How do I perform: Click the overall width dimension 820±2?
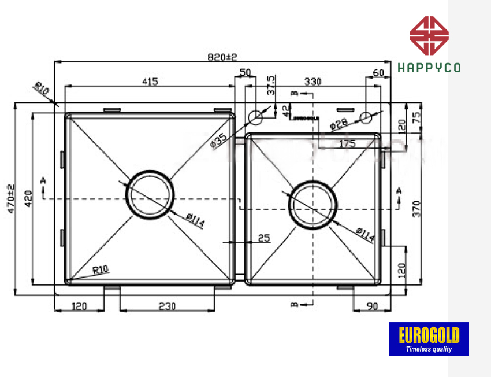click(x=223, y=57)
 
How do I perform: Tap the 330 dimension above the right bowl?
click(x=312, y=82)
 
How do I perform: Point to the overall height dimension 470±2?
click(x=10, y=199)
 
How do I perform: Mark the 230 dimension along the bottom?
click(x=166, y=306)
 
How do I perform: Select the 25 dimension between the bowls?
click(x=264, y=238)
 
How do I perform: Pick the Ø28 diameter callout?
click(x=339, y=123)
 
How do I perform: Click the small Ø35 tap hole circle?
click(x=255, y=118)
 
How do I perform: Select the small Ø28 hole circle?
click(x=366, y=118)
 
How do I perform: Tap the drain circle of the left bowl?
click(x=150, y=194)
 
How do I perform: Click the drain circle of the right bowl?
click(x=313, y=205)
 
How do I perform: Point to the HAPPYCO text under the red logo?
click(x=429, y=68)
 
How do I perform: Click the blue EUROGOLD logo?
click(x=429, y=339)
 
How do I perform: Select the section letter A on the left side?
click(x=43, y=180)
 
